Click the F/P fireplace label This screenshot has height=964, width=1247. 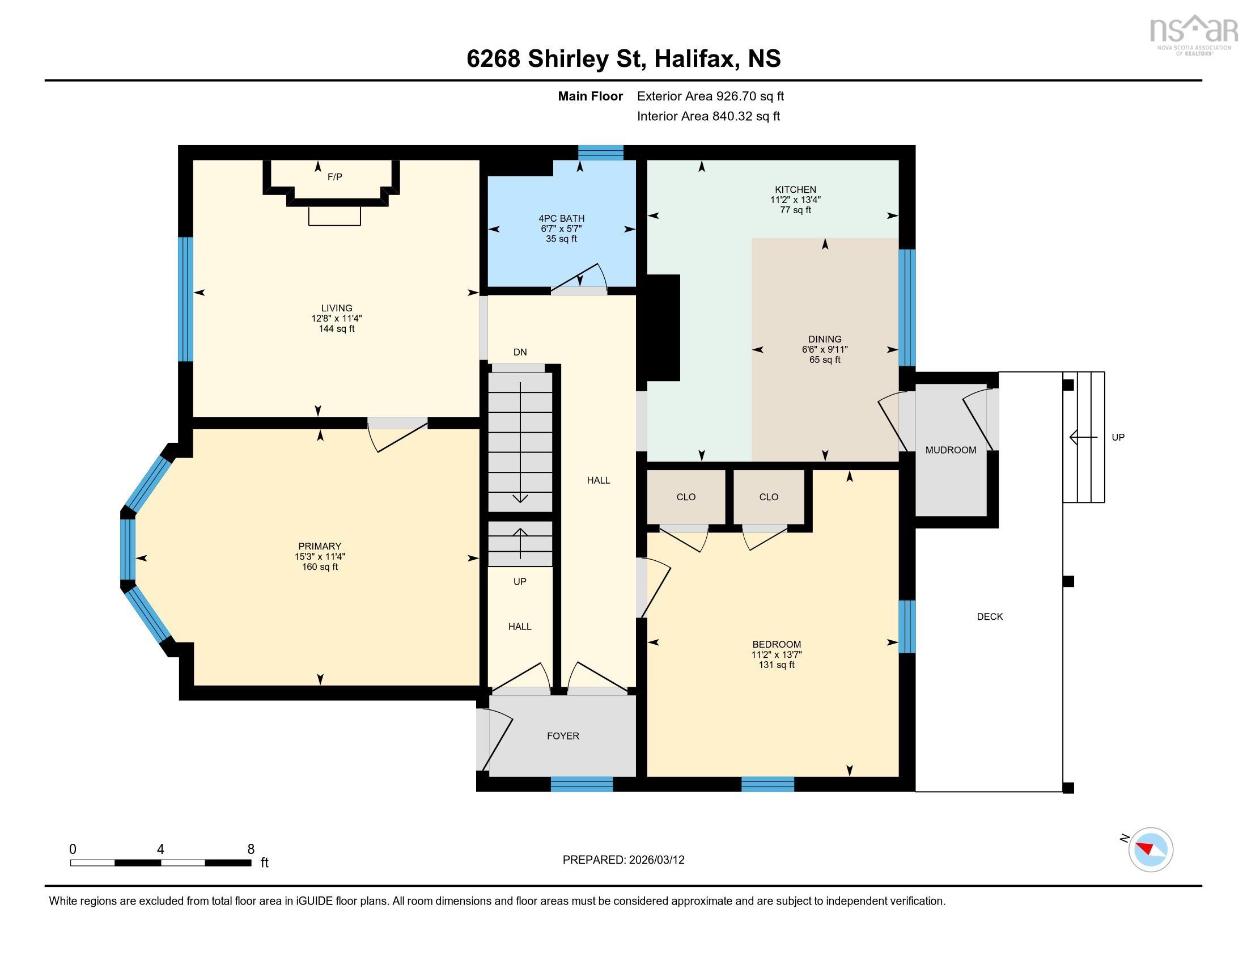(334, 177)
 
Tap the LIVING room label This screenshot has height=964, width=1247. (336, 308)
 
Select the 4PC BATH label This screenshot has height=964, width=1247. (561, 218)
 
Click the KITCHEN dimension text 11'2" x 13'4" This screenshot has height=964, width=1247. (795, 200)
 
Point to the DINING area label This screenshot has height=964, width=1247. (825, 339)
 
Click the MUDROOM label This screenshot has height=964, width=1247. (951, 450)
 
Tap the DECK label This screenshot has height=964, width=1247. (990, 616)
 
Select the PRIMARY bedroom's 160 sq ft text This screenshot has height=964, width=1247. (320, 567)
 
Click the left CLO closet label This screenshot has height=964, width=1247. (686, 497)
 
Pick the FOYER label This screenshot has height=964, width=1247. (562, 736)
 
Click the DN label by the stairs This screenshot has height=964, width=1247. (520, 352)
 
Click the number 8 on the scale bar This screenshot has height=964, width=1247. (251, 849)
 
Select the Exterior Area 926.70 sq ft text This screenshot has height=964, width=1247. (710, 96)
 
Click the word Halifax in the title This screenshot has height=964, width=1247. (695, 59)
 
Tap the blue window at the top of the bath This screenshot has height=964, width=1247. (600, 152)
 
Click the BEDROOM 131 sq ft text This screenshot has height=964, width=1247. (776, 665)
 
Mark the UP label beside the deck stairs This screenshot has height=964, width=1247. (1117, 437)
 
